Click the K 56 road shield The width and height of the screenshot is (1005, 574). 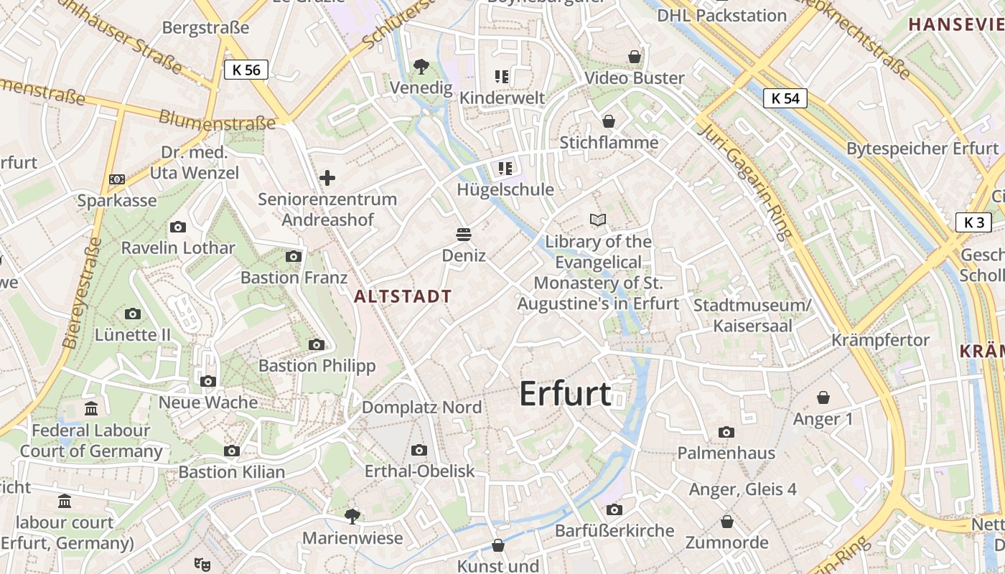(246, 70)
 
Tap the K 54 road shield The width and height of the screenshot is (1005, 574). (785, 98)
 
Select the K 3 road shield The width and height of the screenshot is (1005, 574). (973, 222)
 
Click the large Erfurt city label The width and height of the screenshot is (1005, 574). (565, 394)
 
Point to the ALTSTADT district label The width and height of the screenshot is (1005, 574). (403, 296)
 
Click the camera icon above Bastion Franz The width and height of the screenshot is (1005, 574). (293, 256)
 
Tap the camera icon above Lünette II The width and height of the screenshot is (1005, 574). (133, 314)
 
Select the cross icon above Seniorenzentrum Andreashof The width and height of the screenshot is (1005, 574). (327, 177)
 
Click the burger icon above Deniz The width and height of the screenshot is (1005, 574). (464, 235)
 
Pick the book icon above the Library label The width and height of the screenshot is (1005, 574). (598, 220)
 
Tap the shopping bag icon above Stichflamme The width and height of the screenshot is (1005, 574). (609, 121)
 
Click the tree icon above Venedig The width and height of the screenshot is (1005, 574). (421, 67)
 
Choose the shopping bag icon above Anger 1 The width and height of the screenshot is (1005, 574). (823, 397)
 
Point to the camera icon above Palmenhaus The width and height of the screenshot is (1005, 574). (726, 432)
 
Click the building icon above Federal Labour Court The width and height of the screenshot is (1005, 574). (91, 409)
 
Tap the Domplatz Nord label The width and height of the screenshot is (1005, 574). (421, 407)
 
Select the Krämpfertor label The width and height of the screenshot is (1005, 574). (880, 339)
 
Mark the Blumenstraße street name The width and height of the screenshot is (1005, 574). (217, 120)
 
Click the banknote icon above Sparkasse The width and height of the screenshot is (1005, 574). (116, 179)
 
